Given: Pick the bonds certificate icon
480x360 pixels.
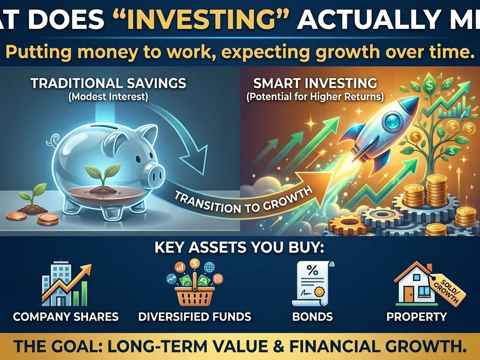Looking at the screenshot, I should pyautogui.click(x=312, y=284).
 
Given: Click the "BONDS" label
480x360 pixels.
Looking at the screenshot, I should pyautogui.click(x=312, y=316).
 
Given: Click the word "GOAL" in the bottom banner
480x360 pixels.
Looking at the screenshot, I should pyautogui.click(x=75, y=346).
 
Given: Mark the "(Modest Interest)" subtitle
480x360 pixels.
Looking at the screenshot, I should pyautogui.click(x=108, y=97).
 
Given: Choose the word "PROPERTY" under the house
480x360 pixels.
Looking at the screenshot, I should pyautogui.click(x=417, y=316).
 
